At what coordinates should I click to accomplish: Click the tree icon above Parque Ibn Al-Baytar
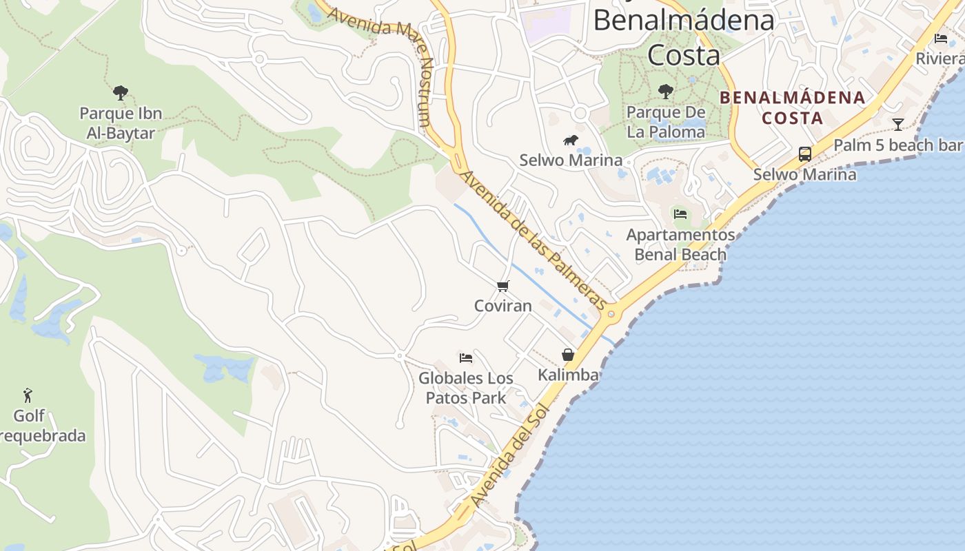(121, 92)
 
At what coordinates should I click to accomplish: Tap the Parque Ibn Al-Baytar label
(121, 123)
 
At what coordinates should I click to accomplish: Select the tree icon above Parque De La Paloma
(665, 91)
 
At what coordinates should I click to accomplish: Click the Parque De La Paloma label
(666, 121)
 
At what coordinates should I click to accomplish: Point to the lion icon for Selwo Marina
(570, 141)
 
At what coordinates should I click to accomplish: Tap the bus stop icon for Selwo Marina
(804, 154)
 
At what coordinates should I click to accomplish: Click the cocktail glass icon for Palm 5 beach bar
(897, 124)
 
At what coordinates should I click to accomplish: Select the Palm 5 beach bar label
(897, 145)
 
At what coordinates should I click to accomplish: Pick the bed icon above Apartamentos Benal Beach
(680, 214)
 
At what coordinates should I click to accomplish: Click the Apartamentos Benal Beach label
(680, 245)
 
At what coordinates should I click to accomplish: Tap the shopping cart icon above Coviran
(502, 286)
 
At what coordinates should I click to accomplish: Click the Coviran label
(502, 305)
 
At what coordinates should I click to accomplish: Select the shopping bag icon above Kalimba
(568, 355)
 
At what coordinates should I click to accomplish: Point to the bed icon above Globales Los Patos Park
(466, 357)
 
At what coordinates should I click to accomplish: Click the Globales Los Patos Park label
(466, 388)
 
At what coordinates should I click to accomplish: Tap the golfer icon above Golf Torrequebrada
(28, 395)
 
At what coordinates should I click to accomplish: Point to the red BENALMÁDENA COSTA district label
(792, 107)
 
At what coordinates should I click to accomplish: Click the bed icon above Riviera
(941, 39)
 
